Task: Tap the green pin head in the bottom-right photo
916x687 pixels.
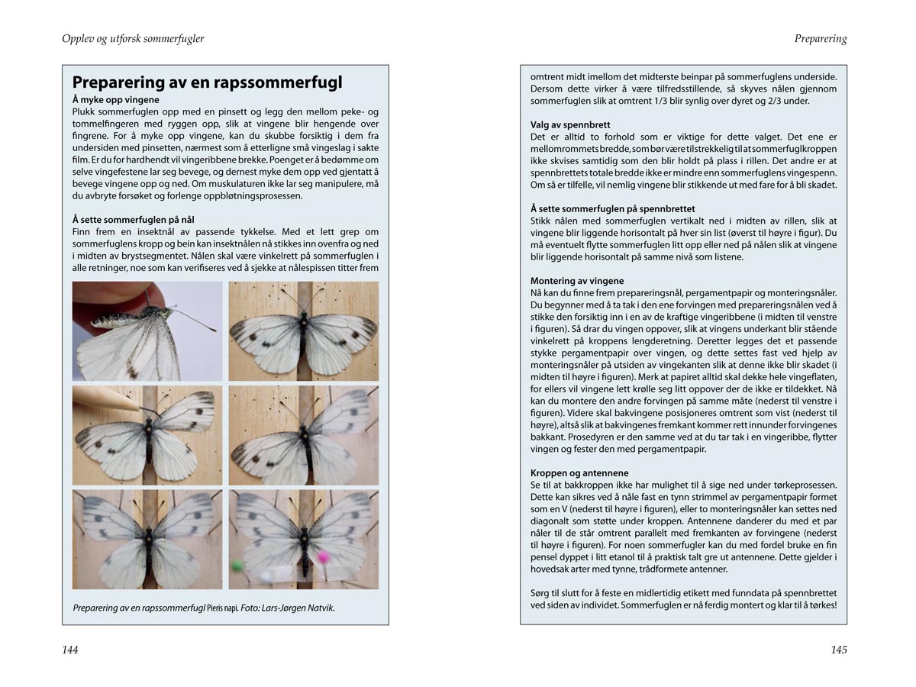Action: pyautogui.click(x=237, y=566)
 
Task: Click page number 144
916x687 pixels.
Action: pyautogui.click(x=70, y=650)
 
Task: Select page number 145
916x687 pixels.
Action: pyautogui.click(x=839, y=650)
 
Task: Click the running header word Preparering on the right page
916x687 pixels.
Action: pyautogui.click(x=821, y=39)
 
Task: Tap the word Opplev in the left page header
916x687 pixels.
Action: pyautogui.click(x=79, y=39)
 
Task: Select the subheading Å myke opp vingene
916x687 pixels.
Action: pyautogui.click(x=115, y=100)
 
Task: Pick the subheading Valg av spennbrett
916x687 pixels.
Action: pyautogui.click(x=570, y=124)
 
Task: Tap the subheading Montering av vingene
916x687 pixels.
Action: pyautogui.click(x=577, y=281)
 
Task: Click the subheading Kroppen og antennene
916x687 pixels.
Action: pyautogui.click(x=579, y=473)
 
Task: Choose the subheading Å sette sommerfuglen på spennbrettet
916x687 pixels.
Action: pyautogui.click(x=612, y=208)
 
